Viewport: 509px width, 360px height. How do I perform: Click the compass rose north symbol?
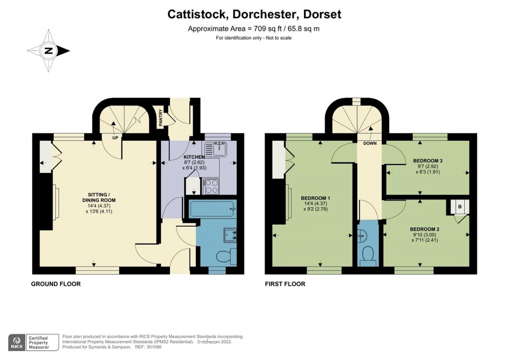[49, 51]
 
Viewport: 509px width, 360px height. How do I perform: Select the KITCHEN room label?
[194, 157]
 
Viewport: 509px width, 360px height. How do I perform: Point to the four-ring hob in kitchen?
[211, 186]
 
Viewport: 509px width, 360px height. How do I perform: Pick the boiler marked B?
[460, 207]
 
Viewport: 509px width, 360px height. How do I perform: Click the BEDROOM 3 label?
[427, 161]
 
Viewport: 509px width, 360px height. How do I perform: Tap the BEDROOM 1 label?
[316, 198]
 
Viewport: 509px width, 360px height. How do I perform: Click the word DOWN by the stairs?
[370, 143]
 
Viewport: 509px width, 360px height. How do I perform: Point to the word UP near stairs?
[115, 138]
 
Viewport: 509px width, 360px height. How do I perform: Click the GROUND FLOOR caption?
[56, 284]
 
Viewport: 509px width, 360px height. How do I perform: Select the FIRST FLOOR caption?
[285, 284]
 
